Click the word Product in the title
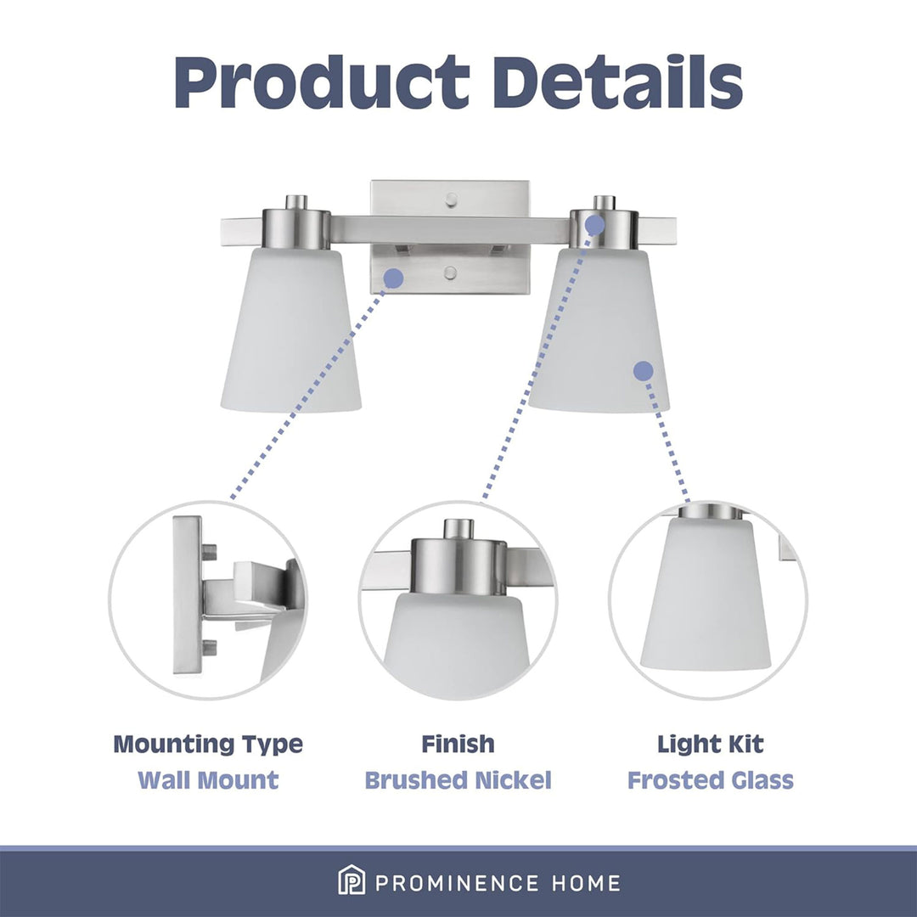323,82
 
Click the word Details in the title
617,82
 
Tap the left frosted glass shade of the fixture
290,329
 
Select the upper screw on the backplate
450,200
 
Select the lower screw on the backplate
450,273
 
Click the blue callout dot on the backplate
394,278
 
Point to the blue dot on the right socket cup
594,224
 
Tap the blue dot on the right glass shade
644,371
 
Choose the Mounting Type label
208,745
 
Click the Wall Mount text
208,780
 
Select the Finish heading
458,744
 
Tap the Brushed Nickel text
458,780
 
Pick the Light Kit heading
711,744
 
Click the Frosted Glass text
711,780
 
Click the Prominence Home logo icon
352,880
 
